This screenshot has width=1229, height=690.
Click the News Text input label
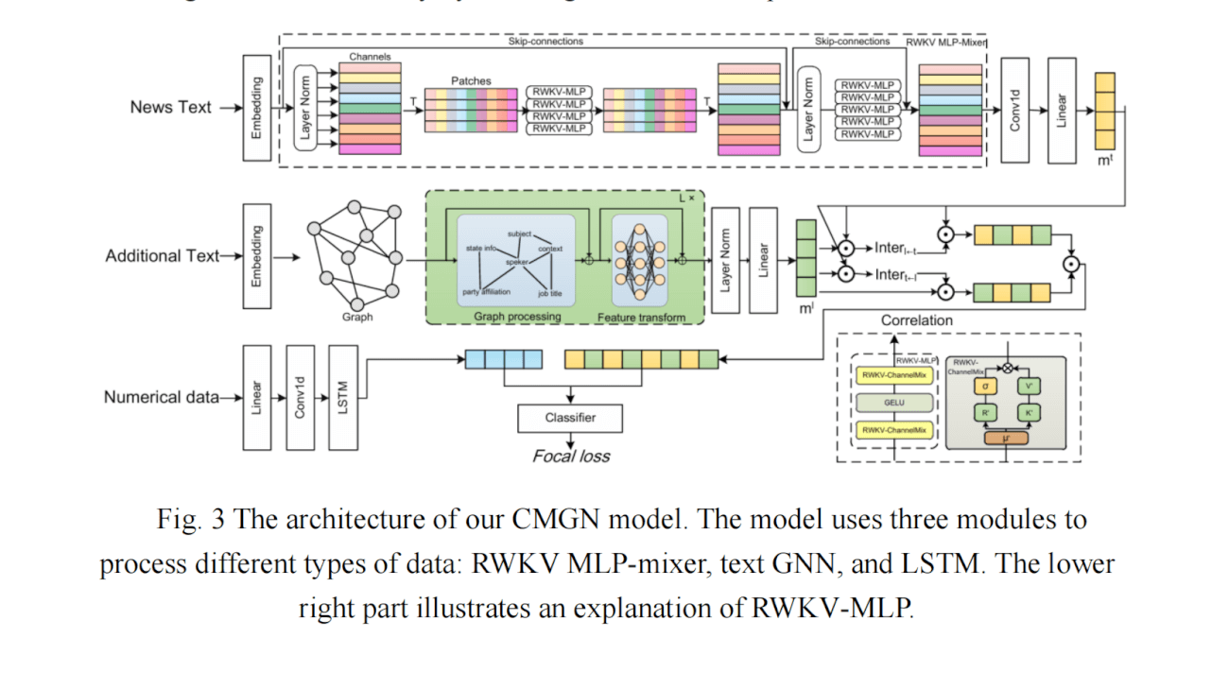click(170, 108)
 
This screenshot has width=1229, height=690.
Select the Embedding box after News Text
click(256, 107)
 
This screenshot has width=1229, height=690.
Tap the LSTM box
click(343, 397)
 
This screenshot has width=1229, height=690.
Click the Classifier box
click(570, 418)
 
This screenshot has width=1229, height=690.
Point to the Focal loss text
click(571, 457)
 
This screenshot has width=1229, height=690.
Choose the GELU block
click(893, 403)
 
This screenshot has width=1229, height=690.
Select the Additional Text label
click(162, 255)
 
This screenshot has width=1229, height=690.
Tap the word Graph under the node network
click(357, 318)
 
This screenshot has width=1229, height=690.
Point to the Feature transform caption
click(641, 318)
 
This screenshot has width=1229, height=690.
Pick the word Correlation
click(916, 320)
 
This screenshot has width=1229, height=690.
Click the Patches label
click(471, 81)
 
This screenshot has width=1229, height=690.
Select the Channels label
click(370, 58)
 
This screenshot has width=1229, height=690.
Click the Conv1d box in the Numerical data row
click(300, 397)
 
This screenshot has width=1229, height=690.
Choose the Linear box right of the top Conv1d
click(1062, 111)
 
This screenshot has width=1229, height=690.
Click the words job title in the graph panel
click(550, 293)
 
